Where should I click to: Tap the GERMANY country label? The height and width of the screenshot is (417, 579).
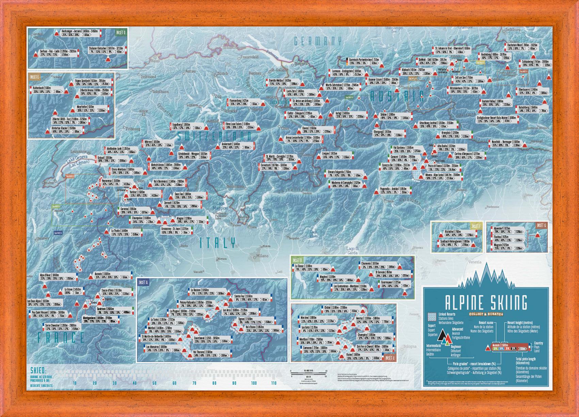point(318,41)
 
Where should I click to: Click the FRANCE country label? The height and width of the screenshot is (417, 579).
point(61,338)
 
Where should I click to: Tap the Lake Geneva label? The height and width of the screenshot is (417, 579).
point(77,159)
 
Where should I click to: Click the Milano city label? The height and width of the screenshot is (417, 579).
point(262,256)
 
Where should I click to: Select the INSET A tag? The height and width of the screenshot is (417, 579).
point(143,282)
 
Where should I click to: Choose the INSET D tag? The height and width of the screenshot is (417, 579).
point(121,33)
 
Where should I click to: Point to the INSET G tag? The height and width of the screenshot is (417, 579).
point(541,226)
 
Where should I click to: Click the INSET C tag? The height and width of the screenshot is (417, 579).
point(389,358)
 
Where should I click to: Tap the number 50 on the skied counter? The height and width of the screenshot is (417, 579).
point(155,383)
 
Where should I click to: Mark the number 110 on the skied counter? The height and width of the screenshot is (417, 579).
point(273,383)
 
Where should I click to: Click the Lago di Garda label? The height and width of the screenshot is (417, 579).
point(353,250)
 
